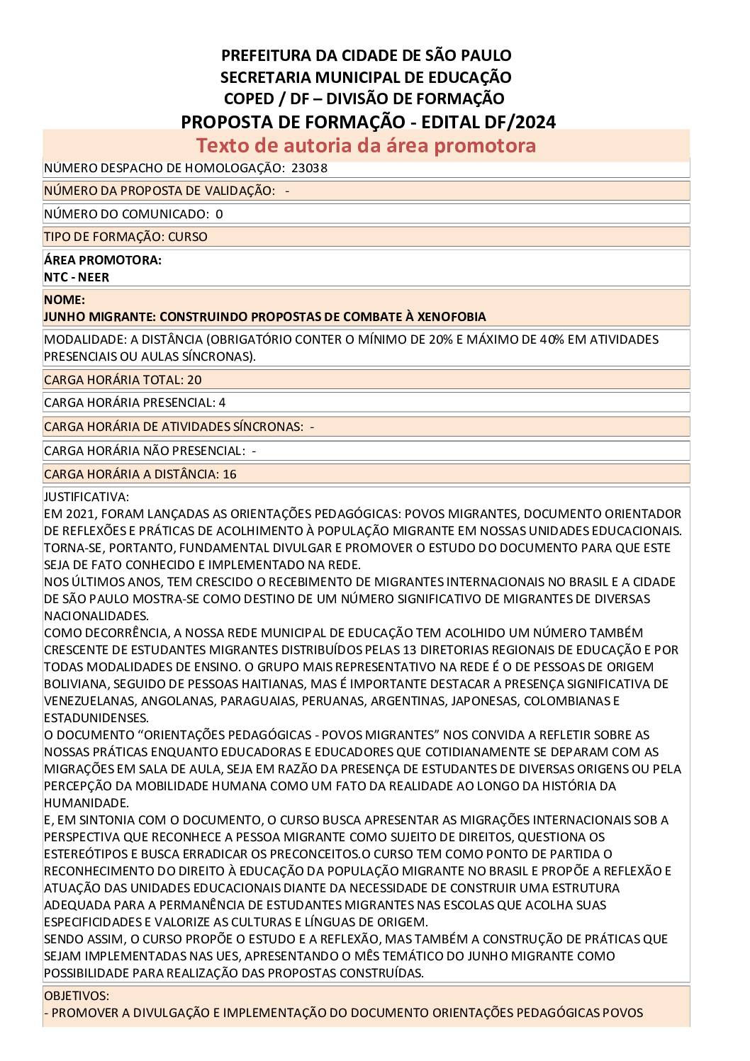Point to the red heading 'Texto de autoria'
[285, 145]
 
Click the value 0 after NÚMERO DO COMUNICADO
[219, 214]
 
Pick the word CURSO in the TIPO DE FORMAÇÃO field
[188, 237]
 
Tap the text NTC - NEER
[77, 277]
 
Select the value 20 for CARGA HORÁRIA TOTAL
[194, 380]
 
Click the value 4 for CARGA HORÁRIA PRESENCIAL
[223, 403]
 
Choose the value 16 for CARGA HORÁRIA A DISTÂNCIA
[230, 474]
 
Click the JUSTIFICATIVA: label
[86, 497]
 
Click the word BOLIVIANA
[76, 684]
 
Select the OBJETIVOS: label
[77, 996]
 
